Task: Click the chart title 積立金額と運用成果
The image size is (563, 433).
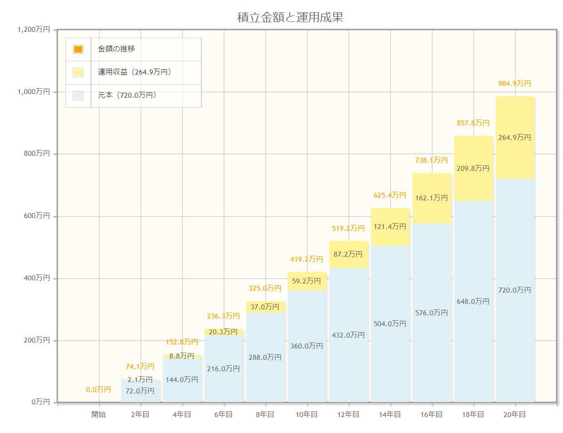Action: point(290,17)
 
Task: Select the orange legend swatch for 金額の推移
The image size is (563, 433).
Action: point(78,49)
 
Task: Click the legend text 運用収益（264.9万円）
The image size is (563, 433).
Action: point(135,72)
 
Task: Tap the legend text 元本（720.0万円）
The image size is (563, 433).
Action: point(127,95)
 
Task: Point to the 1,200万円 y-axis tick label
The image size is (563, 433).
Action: point(34,30)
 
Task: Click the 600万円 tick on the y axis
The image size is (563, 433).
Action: point(37,216)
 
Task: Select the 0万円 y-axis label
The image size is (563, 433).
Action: point(40,402)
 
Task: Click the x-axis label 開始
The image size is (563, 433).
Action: point(99,414)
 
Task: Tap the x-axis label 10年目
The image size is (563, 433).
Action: point(307,414)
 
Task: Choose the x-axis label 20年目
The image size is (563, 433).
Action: point(515,414)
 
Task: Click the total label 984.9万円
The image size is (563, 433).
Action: point(515,84)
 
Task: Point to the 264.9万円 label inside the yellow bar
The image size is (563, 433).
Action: point(515,137)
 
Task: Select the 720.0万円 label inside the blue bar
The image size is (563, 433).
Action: point(515,290)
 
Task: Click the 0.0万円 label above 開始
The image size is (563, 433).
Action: point(99,390)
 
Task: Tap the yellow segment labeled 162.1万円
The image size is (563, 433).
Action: point(432,198)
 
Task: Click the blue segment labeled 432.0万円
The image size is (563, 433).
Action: point(349,335)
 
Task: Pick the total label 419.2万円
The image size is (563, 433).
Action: point(307,259)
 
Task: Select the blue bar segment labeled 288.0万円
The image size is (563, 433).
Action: point(265,358)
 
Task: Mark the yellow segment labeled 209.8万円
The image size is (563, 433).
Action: point(473,169)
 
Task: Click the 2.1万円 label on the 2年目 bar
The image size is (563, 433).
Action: point(140,379)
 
